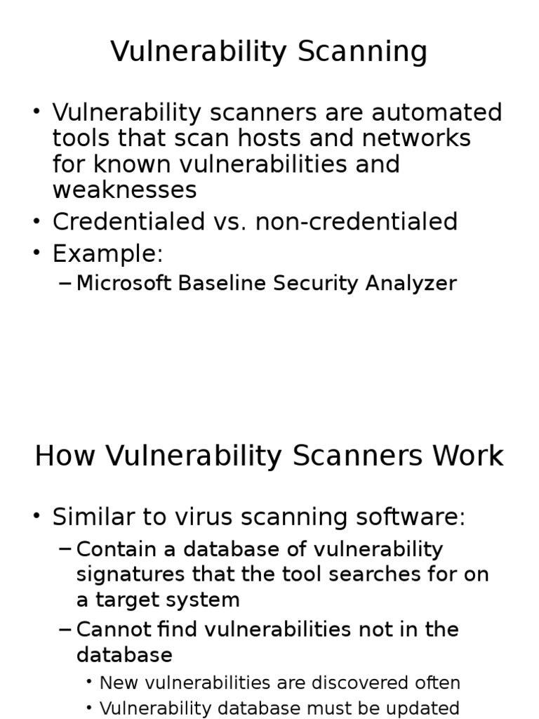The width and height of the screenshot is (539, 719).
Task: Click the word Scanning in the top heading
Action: [364, 52]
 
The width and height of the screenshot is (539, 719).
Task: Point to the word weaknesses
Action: [124, 190]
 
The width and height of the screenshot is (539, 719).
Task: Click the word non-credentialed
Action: [357, 222]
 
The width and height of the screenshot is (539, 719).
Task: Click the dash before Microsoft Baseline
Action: [65, 283]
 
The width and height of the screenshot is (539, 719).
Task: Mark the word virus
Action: [218, 517]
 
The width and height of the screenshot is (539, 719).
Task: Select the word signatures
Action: [128, 574]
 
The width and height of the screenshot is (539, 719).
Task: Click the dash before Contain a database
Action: [65, 548]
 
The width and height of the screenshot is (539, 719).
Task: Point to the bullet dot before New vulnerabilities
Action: [90, 682]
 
